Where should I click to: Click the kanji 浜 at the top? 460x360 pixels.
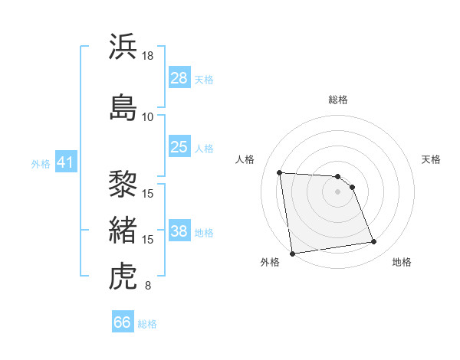124,47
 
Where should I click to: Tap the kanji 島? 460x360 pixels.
124,106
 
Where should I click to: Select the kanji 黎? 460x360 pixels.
124,184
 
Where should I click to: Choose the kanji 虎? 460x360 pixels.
124,277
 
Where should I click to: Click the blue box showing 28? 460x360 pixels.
179,78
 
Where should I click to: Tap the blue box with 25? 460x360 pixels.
179,147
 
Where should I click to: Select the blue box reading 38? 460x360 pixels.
179,231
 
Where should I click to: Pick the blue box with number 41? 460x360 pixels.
64,162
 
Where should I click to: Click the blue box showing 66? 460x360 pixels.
123,322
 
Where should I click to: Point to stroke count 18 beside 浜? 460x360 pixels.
148,56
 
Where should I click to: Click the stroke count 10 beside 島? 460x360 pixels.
148,116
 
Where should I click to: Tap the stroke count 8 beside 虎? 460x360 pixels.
148,286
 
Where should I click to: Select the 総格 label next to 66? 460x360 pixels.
148,324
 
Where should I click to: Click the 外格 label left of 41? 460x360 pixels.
41,163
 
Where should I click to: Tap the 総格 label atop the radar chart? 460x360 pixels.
338,100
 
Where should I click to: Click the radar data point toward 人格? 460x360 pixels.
280,172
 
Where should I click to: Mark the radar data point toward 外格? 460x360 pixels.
292,253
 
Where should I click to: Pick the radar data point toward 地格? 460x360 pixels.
374,242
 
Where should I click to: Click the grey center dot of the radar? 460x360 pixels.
338,191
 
